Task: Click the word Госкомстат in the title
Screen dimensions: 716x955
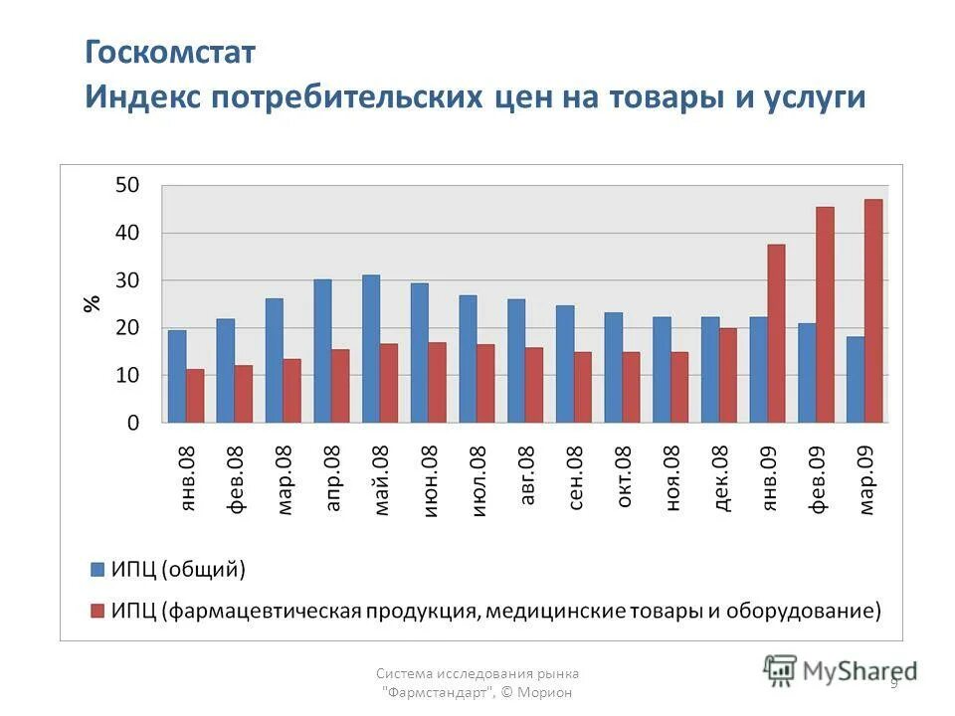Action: point(170,53)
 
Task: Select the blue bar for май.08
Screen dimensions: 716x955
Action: point(371,348)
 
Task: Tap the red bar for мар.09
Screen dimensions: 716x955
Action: point(873,310)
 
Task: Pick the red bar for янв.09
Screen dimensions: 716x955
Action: point(776,333)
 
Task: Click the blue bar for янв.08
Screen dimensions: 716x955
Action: point(177,376)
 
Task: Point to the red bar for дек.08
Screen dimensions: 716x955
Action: point(727,375)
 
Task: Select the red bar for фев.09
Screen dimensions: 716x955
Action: point(825,314)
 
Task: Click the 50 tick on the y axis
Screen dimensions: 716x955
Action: point(127,185)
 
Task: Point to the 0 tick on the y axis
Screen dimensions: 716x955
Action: point(133,423)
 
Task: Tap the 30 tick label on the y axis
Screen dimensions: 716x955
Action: point(127,280)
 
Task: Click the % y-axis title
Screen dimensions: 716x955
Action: point(92,303)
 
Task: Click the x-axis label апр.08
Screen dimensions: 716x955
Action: point(333,478)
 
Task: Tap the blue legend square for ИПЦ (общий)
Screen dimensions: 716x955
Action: point(96,570)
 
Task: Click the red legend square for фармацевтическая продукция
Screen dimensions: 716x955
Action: point(96,609)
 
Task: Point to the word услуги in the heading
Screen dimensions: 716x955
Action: point(816,97)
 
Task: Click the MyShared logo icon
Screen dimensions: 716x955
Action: point(781,669)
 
